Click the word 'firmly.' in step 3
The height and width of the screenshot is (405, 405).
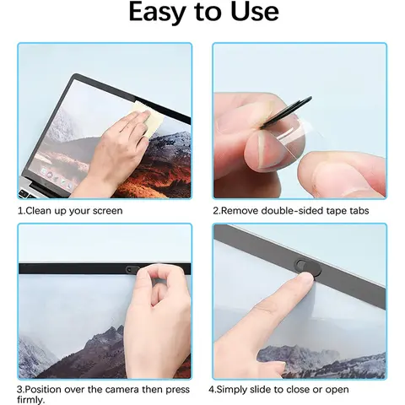click(x=32, y=399)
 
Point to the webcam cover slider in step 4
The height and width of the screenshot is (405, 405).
click(x=301, y=264)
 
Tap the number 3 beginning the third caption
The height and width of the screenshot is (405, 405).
click(x=20, y=389)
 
